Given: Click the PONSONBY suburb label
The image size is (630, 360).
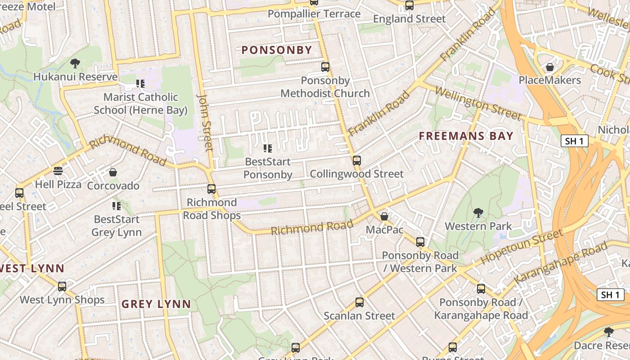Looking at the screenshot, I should tap(277, 50).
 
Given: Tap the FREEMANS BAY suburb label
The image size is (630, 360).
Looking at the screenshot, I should tap(466, 136).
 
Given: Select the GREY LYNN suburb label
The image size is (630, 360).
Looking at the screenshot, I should tap(156, 304).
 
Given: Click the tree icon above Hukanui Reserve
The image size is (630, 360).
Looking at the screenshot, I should tap(75, 63).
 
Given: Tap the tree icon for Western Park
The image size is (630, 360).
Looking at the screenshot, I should tap(478, 212).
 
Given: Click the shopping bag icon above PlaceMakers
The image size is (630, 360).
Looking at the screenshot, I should tap(549, 67).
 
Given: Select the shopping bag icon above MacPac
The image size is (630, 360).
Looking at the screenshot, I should tap(384, 216).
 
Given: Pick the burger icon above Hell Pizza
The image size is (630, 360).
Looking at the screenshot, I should tap(58, 171).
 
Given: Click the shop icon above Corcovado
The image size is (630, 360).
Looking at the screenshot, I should tap(113, 172).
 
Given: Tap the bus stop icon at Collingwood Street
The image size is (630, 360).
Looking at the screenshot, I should tap(357, 160).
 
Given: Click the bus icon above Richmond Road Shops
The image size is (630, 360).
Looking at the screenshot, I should tap(211, 189).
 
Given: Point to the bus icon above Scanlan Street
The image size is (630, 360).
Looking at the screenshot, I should tap(359, 302).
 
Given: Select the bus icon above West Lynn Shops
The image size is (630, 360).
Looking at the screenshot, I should tap(62, 286).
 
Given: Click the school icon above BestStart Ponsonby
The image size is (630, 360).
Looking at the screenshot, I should tap(268, 148).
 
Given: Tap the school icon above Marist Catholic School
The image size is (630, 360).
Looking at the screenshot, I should tap(140, 84).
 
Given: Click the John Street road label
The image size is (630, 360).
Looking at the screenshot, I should tap(205, 122).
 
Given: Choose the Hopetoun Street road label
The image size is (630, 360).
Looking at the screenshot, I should tap(522, 247).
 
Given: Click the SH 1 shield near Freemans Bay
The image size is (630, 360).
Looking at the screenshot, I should tap(575, 141).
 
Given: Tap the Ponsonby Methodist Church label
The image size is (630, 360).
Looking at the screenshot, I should tap(325, 87).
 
